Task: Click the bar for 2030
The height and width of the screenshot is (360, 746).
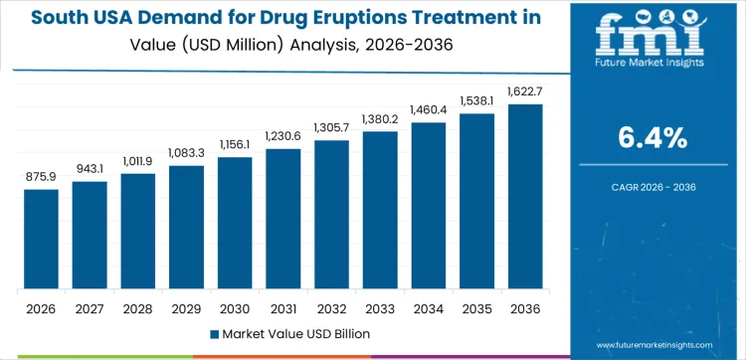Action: click(235, 223)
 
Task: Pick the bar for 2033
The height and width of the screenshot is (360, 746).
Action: click(380, 210)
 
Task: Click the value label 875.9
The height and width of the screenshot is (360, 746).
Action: click(41, 177)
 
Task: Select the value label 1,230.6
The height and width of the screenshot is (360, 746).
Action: click(283, 136)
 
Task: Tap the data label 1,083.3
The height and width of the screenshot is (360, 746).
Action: click(186, 153)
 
